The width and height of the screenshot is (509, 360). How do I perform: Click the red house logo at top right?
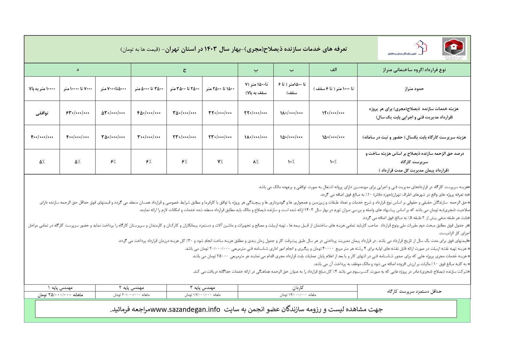tap(454, 47)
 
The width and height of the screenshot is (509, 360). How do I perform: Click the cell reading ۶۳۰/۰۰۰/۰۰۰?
tap(77, 113)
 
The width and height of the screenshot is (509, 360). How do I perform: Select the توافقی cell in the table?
tap(42, 113)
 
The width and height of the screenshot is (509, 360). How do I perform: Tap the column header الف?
tap(333, 70)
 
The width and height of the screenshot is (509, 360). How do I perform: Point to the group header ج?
tap(184, 70)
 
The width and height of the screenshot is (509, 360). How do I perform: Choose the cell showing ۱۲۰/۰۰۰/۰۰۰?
tap(333, 113)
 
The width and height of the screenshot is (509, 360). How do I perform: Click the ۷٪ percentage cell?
tap(220, 162)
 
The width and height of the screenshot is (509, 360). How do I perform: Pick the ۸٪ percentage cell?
tap(256, 162)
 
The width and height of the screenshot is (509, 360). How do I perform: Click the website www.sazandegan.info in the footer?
tap(185, 309)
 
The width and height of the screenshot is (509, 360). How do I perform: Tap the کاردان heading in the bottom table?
tap(298, 288)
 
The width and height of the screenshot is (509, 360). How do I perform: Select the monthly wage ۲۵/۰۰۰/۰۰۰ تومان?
tap(60, 295)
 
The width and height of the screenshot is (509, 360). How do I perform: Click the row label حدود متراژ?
tap(414, 89)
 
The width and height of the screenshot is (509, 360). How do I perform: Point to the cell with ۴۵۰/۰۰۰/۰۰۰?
tap(149, 113)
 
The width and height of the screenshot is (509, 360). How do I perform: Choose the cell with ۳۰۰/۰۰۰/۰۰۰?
tap(149, 137)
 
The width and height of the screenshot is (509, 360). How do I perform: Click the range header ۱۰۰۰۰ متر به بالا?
tap(42, 89)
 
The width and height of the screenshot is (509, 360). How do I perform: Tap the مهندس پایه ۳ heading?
tap(202, 288)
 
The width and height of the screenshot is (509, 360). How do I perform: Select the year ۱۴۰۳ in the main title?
tap(211, 49)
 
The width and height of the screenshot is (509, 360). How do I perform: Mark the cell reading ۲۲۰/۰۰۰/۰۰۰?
tap(256, 113)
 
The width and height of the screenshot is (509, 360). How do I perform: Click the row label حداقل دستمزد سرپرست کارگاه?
tap(414, 291)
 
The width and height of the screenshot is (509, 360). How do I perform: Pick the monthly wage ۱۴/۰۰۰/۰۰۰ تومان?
tap(298, 295)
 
